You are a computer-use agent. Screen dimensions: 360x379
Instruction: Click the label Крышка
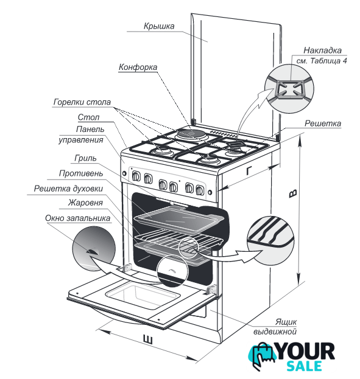tap(159, 26)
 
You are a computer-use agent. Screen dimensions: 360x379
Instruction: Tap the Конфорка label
tap(138, 67)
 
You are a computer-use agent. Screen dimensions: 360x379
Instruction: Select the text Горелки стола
tap(82, 102)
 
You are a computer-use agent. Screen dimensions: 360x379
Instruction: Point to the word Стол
tap(88, 117)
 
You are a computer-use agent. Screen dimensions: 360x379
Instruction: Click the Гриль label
tap(85, 158)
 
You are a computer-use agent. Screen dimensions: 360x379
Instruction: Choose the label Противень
tap(81, 173)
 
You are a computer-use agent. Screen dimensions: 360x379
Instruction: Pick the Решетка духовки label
tap(68, 189)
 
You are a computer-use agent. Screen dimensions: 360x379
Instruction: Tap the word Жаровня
tap(85, 203)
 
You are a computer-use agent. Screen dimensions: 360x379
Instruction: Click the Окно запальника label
tap(77, 218)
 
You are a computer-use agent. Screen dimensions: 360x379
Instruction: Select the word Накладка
tap(322, 50)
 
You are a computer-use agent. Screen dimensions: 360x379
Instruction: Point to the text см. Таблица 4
tap(322, 61)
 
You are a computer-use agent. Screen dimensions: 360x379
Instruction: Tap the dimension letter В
tap(293, 193)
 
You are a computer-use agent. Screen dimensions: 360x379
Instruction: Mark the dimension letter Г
tap(249, 170)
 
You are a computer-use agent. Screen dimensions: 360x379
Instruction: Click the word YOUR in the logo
tap(306, 351)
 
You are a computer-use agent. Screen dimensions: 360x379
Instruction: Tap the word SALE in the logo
tap(304, 366)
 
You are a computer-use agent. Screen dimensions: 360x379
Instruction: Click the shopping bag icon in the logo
tap(262, 355)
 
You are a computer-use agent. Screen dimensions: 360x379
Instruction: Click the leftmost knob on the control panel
tap(136, 176)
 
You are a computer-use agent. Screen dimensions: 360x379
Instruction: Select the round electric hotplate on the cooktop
tap(191, 134)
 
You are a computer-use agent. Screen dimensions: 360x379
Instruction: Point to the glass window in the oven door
tap(143, 296)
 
